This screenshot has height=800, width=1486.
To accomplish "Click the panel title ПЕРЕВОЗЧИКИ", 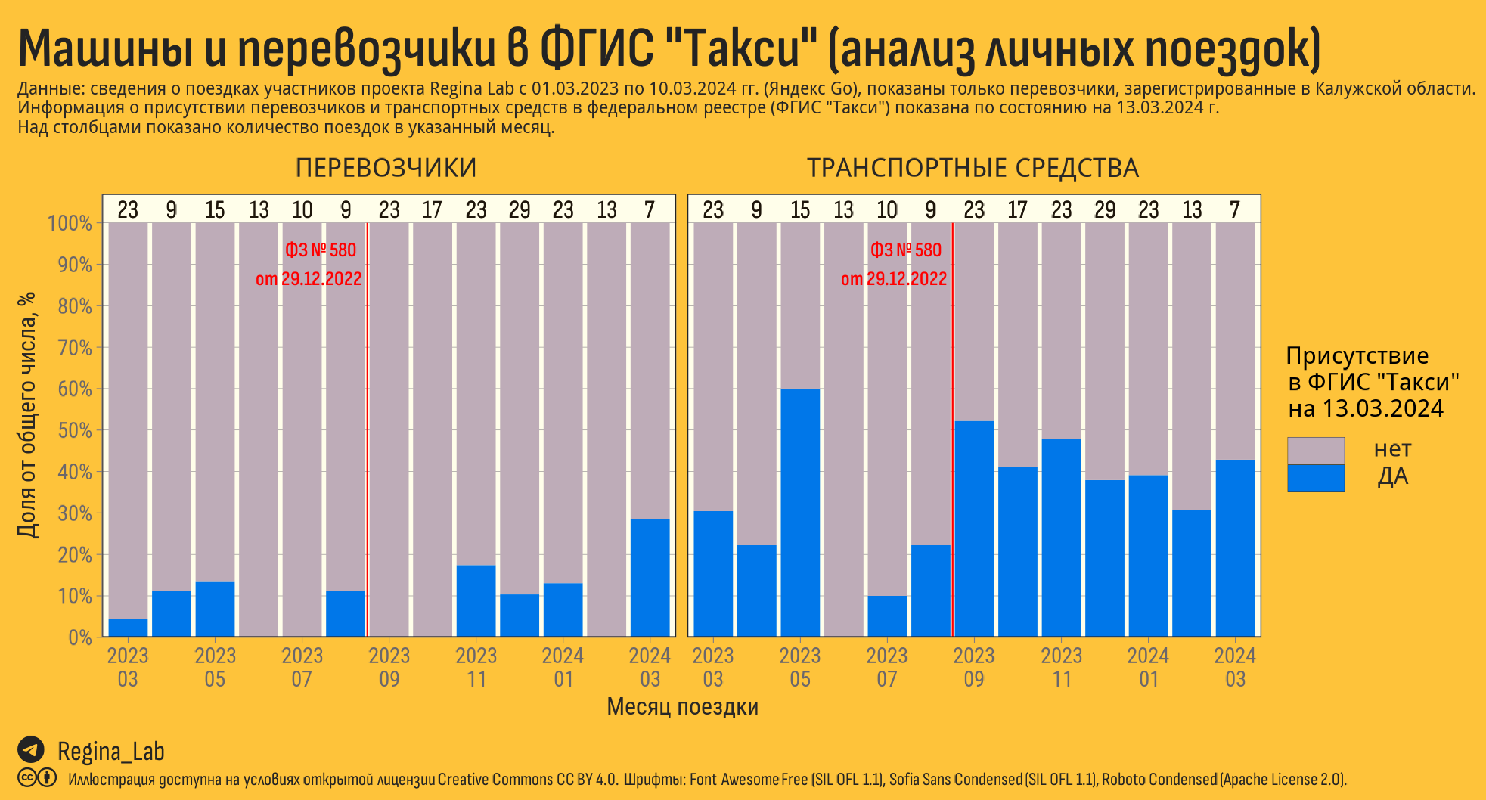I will click(x=386, y=168).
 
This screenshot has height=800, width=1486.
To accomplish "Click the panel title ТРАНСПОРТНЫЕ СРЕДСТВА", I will click(x=973, y=168).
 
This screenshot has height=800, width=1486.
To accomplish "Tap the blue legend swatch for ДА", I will click(x=1315, y=479).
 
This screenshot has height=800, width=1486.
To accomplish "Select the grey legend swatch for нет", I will click(x=1315, y=451).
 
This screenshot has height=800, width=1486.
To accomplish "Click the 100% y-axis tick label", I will click(x=70, y=223).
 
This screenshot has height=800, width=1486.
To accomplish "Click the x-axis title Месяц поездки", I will click(x=682, y=706).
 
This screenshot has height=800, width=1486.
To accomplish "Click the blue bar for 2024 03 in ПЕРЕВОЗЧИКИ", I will click(x=650, y=578).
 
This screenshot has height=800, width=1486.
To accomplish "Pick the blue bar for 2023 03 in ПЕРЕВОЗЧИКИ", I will click(x=128, y=628).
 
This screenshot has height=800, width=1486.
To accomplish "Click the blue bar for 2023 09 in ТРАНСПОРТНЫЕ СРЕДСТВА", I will click(x=974, y=529).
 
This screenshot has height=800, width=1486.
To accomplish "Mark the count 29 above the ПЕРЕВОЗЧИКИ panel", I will click(x=520, y=209).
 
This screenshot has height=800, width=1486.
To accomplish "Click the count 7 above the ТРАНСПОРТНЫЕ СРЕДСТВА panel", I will click(x=1235, y=209).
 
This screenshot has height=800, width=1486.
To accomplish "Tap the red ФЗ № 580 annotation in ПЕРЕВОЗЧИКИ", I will click(x=321, y=250).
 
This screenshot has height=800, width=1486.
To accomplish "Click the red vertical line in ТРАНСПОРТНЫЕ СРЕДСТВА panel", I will click(x=953, y=454).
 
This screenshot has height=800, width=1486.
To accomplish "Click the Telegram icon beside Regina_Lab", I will click(x=30, y=749).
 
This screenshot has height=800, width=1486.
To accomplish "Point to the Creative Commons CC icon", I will click(x=27, y=777).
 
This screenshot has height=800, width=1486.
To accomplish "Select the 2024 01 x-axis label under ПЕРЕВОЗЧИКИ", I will click(x=563, y=667).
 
